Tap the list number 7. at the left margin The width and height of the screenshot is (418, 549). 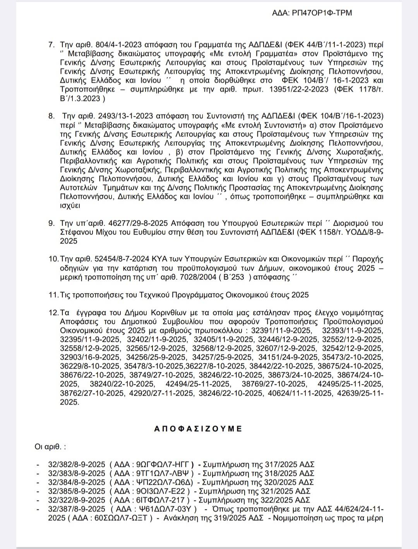click(51, 45)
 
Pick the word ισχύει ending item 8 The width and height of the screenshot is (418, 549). click(70, 205)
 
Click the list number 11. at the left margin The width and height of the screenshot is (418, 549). click(53, 295)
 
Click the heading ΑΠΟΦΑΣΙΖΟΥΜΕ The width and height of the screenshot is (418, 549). click(198, 429)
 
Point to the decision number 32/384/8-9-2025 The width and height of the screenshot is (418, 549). click(77, 482)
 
